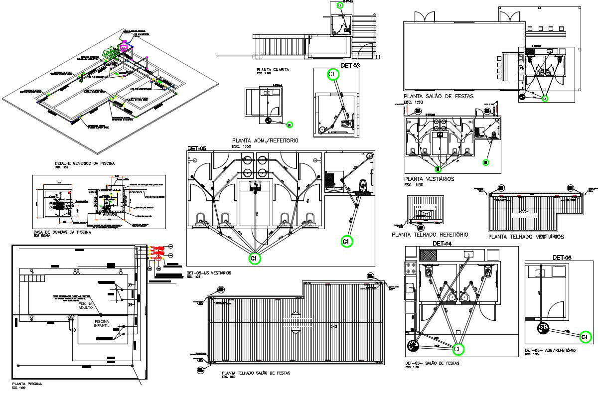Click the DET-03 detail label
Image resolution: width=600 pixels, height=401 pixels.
(x=350, y=65)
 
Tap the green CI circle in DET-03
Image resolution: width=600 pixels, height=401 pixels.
(x=332, y=74)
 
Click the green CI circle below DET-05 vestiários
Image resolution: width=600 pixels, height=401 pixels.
(x=255, y=259)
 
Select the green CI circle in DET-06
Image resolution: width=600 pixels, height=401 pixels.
(x=586, y=337)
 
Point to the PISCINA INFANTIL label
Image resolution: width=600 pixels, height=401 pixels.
(x=105, y=324)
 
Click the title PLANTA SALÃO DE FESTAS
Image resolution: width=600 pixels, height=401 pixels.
(x=439, y=96)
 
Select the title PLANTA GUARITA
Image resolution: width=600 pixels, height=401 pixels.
(x=273, y=70)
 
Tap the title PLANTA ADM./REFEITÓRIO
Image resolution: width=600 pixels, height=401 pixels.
(x=265, y=141)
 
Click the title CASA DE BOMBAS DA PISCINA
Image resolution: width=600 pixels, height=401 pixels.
(x=62, y=233)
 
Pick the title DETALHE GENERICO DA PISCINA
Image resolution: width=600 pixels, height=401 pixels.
(x=85, y=163)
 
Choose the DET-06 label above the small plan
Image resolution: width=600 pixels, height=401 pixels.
(x=561, y=258)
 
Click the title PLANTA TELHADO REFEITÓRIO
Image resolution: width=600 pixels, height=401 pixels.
(x=430, y=234)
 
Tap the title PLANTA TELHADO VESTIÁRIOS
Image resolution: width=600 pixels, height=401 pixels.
(x=526, y=237)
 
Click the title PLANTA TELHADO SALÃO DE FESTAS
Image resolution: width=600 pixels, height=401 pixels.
(x=256, y=373)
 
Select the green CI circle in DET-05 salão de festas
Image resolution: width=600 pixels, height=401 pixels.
(x=458, y=349)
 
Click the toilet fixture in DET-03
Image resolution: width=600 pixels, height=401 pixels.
(x=345, y=123)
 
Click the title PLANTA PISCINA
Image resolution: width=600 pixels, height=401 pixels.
(x=27, y=384)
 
